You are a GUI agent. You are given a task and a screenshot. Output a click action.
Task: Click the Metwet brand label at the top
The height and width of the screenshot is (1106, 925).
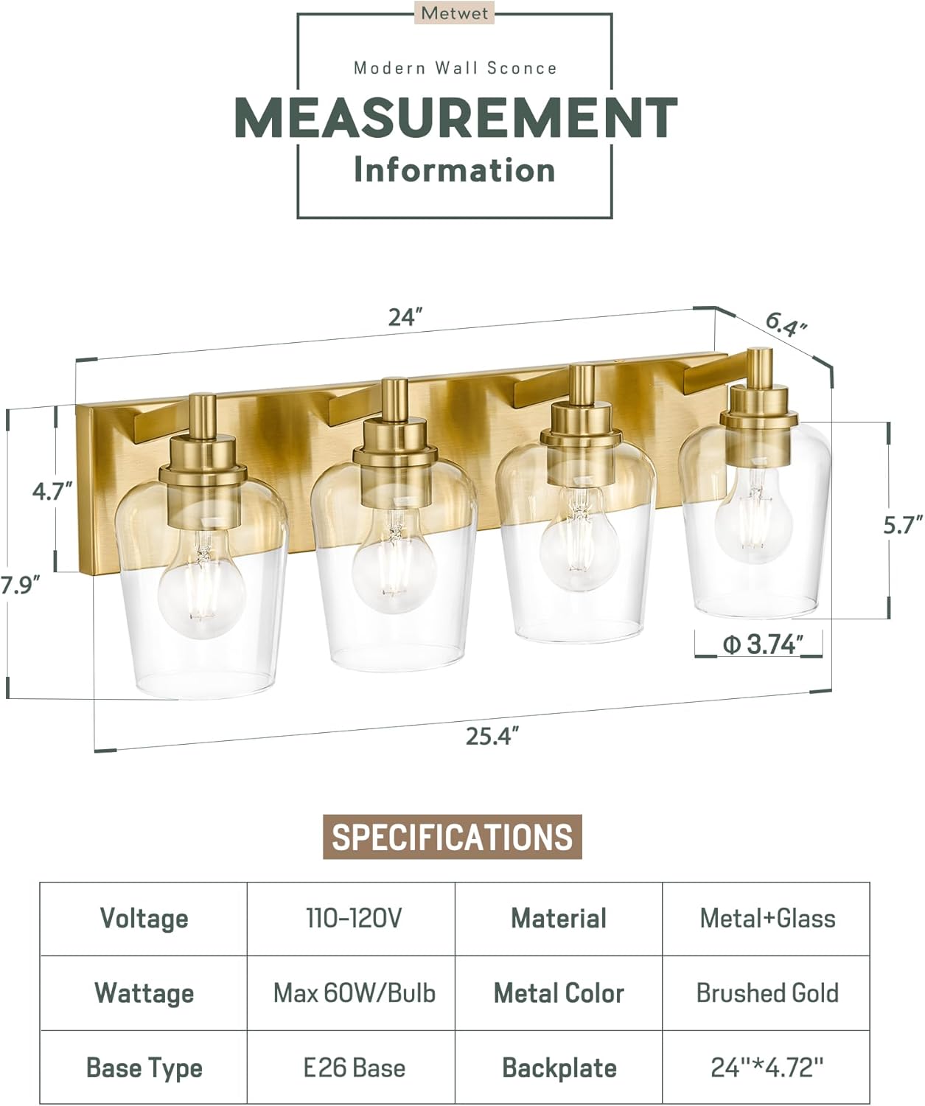pos(455,13)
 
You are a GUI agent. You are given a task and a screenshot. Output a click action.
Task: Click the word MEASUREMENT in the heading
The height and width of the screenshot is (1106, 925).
pos(455,118)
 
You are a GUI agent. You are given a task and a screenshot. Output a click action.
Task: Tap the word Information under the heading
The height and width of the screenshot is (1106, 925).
pos(454,170)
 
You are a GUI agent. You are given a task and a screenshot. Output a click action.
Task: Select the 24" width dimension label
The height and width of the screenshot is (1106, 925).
pos(406,317)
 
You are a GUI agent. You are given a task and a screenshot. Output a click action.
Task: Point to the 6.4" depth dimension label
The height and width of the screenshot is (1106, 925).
pos(786,324)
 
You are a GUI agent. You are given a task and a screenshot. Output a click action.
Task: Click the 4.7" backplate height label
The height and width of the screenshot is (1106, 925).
pos(52,490)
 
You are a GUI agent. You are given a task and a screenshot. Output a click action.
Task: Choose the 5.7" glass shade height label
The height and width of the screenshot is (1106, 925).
pos(903,526)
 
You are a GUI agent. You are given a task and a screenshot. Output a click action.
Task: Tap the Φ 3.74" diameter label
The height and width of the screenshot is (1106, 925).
pos(761,644)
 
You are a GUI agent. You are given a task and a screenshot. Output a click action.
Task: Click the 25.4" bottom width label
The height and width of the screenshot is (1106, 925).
pos(492,735)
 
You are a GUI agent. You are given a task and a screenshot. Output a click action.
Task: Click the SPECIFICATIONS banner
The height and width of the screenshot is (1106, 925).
pos(453,837)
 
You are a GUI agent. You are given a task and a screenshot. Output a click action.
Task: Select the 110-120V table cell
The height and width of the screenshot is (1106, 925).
pos(354,919)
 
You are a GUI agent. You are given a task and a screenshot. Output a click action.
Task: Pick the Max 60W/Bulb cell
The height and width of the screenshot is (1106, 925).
pos(354,993)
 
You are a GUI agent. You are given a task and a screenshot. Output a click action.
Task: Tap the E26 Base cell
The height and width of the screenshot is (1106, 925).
pos(354,1068)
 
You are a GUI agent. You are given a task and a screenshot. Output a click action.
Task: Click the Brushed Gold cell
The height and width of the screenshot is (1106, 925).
pos(767,993)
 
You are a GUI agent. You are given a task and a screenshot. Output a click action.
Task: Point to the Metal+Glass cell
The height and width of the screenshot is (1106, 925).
pos(767,919)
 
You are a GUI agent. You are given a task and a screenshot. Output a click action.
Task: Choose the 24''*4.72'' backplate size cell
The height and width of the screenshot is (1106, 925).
pos(767,1068)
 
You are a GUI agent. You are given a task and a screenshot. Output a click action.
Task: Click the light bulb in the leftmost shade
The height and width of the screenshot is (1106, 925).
pos(201,594)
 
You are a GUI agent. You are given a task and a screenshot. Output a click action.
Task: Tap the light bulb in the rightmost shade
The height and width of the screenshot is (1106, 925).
pos(753,514)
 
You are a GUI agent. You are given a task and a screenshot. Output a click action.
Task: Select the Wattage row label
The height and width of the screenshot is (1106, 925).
pos(144,993)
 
